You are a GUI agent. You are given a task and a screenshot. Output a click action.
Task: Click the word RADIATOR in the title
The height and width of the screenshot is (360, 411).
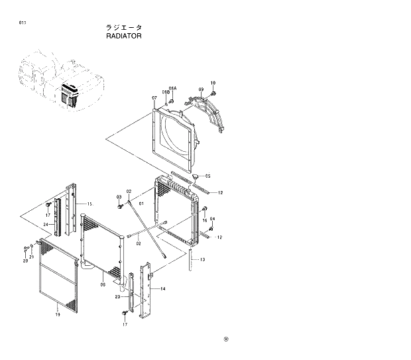click(x=123, y=36)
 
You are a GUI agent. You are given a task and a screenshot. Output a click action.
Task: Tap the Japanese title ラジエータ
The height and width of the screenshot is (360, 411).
click(x=123, y=28)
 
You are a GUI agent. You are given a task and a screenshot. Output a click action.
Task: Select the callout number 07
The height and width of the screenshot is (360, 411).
click(x=154, y=97)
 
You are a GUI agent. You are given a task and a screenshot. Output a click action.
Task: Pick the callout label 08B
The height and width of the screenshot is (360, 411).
click(x=166, y=93)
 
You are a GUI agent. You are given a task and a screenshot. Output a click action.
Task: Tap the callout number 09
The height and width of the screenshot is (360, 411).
click(x=201, y=90)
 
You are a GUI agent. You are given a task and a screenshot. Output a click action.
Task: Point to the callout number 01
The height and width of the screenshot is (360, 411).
click(x=141, y=204)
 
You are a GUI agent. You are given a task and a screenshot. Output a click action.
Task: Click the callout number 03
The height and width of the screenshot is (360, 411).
click(x=119, y=197)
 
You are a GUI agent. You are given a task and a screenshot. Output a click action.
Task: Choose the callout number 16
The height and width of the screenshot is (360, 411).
click(x=205, y=220)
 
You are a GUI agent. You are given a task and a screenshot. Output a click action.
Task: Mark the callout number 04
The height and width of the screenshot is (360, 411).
click(x=212, y=219)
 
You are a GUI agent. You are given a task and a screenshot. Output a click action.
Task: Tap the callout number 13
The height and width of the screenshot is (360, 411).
click(x=202, y=259)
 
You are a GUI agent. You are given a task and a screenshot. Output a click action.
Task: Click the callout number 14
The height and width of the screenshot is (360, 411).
click(x=163, y=289)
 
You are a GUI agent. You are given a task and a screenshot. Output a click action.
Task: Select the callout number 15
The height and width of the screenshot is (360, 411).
click(x=89, y=204)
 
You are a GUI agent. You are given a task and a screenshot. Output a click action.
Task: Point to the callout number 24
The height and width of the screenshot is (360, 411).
click(x=46, y=225)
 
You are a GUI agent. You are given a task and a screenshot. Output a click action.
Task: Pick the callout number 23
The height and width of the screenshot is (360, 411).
click(x=117, y=297)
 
